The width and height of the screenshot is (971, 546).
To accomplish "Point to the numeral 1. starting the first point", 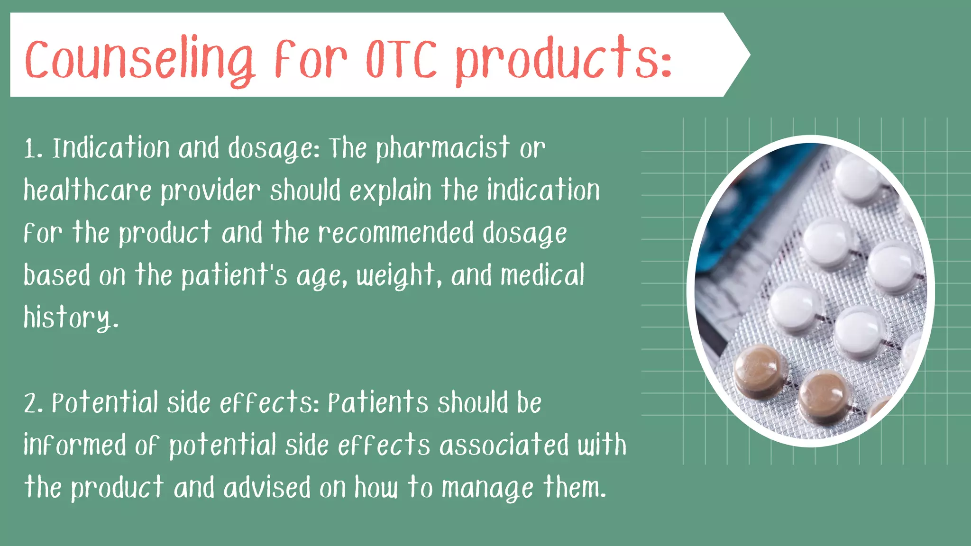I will pyautogui.click(x=33, y=149).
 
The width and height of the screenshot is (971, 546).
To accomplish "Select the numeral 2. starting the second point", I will pyautogui.click(x=34, y=404).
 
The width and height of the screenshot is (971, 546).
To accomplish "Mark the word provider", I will pyautogui.click(x=211, y=191).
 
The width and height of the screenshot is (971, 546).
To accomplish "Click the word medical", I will pyautogui.click(x=542, y=275).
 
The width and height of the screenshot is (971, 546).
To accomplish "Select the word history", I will pyautogui.click(x=70, y=318).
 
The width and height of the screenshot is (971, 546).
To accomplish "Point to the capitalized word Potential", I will pyautogui.click(x=105, y=403).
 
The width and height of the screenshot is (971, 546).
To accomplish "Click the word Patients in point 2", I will pyautogui.click(x=378, y=403).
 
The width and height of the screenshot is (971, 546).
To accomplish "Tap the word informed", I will pyautogui.click(x=75, y=445).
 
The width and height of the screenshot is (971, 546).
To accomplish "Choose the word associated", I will pyautogui.click(x=504, y=445).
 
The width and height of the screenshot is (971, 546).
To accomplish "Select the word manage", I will pyautogui.click(x=487, y=488).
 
